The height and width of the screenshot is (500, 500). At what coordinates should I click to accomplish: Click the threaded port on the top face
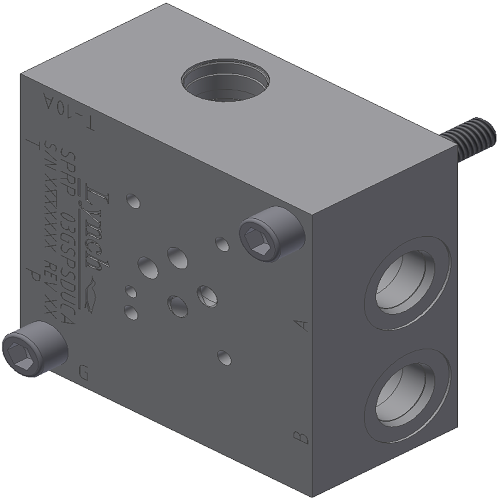[x=225, y=82]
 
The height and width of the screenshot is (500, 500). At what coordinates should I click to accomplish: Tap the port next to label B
[x=408, y=394]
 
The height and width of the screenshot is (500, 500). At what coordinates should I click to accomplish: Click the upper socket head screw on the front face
[x=271, y=234]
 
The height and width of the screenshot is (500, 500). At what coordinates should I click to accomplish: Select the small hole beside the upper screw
[x=222, y=244]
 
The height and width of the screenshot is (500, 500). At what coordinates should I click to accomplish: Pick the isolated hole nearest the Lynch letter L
[x=133, y=201]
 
